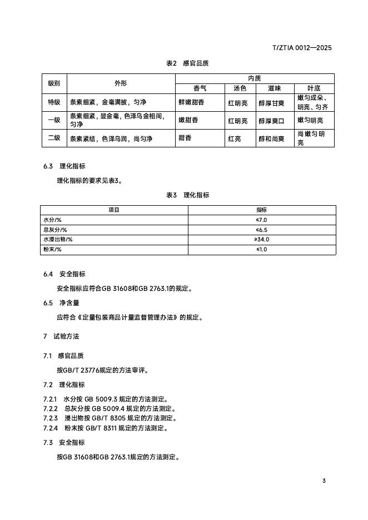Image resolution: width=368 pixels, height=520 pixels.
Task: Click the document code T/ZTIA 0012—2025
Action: click(302, 48)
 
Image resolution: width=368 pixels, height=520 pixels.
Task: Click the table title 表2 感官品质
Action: click(187, 64)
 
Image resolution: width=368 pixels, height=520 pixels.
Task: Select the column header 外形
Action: click(121, 83)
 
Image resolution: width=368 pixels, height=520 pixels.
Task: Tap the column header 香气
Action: click(200, 88)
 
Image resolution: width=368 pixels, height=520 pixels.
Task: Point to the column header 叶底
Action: click(314, 88)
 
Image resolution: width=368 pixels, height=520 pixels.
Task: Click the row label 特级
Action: click(54, 102)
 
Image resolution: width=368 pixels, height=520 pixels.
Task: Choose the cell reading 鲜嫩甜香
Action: click(191, 102)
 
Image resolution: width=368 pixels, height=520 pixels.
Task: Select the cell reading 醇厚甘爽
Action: click(271, 103)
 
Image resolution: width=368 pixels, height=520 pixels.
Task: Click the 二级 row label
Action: click(54, 138)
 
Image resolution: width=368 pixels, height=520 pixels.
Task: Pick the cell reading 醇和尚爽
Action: click(271, 138)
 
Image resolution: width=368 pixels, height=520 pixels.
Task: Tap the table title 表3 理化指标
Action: click(187, 195)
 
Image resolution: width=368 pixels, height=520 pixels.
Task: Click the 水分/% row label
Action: click(52, 220)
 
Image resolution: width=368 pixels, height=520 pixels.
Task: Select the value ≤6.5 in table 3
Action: click(261, 230)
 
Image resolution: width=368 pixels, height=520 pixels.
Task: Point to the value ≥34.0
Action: click(261, 240)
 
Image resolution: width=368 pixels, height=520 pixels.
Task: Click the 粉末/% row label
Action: click(52, 250)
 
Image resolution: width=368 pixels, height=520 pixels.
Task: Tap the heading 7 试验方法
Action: click(61, 337)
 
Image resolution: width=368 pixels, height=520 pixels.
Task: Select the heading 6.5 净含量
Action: click(61, 303)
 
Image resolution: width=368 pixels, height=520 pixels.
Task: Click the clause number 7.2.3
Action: click(51, 418)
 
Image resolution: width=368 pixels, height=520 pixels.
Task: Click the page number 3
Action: click(324, 481)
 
